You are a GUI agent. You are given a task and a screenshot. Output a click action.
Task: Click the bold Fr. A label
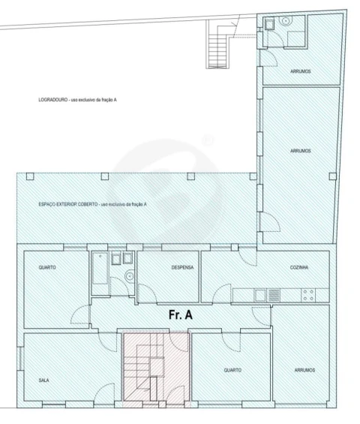click(181, 314)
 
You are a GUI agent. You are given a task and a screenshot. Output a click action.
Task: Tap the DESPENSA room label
click(182, 267)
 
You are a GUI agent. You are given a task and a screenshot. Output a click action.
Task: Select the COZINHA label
click(299, 267)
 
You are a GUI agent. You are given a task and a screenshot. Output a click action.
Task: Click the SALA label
click(44, 380)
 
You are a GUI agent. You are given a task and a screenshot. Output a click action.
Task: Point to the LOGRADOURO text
click(53, 100)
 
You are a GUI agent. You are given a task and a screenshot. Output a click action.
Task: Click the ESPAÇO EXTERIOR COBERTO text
click(68, 204)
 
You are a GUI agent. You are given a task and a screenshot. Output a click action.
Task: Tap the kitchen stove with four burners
click(308, 295)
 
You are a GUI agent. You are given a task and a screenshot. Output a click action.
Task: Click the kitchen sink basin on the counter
click(259, 295)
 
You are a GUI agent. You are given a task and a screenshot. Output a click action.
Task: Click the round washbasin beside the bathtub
click(130, 276)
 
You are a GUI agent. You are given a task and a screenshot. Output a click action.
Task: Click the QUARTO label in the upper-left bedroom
click(47, 267)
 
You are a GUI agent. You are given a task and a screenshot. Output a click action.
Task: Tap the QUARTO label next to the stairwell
click(232, 370)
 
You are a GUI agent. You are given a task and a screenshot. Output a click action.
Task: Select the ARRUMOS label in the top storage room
click(301, 71)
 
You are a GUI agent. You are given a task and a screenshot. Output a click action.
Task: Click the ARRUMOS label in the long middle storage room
click(301, 151)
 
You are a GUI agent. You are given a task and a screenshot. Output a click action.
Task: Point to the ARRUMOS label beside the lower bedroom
click(304, 370)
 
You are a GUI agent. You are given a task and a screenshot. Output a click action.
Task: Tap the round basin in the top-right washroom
click(286, 21)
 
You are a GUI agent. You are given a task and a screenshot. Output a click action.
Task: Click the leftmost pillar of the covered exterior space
click(30, 176)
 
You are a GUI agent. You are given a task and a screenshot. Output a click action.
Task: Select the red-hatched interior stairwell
click(156, 369)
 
